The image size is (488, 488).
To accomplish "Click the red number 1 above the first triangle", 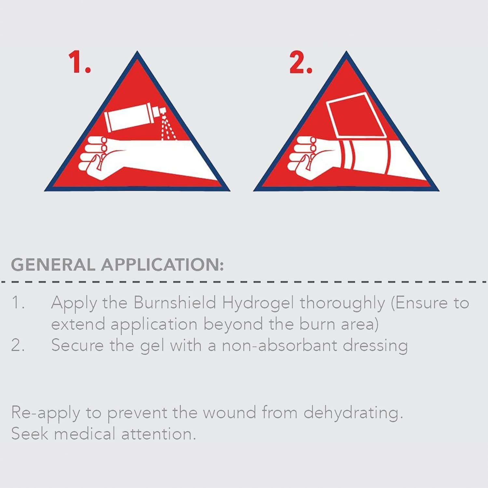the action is coord(79,62).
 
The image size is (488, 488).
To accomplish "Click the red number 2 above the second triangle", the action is coord(301,62).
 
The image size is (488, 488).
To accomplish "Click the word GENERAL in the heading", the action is coord(53,264).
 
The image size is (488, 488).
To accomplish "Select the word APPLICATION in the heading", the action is coord(162,264).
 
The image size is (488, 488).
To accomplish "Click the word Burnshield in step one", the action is coord(175,303).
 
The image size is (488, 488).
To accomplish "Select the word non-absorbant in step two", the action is coord(279,345).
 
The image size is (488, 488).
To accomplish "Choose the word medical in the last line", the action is coord(85,434).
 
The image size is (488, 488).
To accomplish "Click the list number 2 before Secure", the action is coord(18,345).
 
